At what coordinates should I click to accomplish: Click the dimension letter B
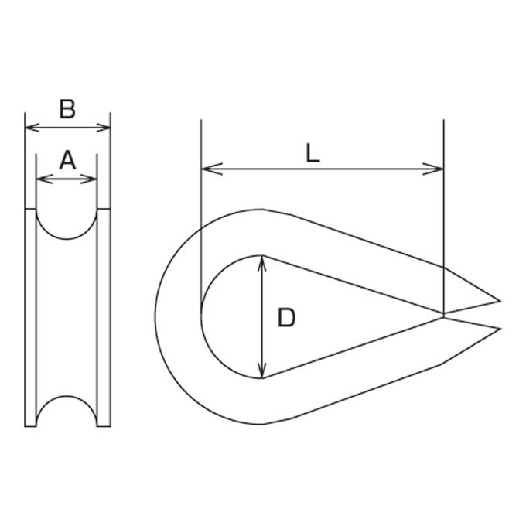point(67,109)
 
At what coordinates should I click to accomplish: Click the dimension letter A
point(67,160)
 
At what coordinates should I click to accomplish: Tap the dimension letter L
point(313,153)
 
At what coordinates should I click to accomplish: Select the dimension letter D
point(286,318)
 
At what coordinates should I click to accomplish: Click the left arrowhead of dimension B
point(32,128)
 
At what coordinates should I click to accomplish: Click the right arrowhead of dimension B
point(104,128)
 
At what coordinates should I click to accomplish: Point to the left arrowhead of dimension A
point(44,179)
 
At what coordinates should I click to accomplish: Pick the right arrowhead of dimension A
point(89,179)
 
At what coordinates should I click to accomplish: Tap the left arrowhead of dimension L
point(212,169)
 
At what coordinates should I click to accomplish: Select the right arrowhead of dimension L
point(432,169)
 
